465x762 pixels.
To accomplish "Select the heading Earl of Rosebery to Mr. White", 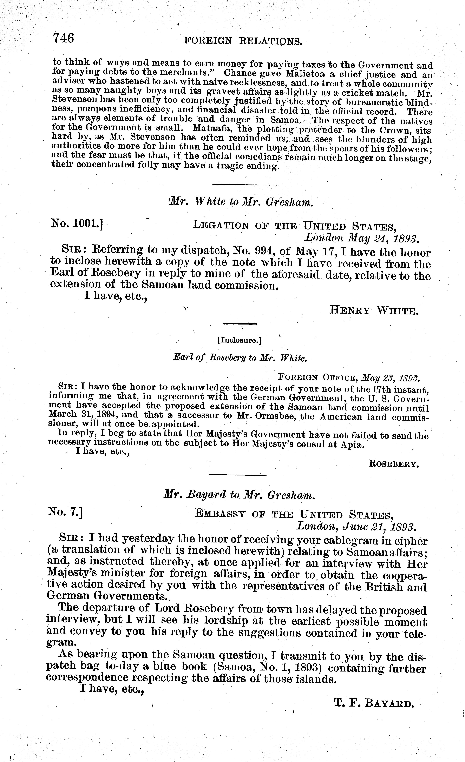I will pos(240,358).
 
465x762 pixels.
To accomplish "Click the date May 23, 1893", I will pos(390,378).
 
